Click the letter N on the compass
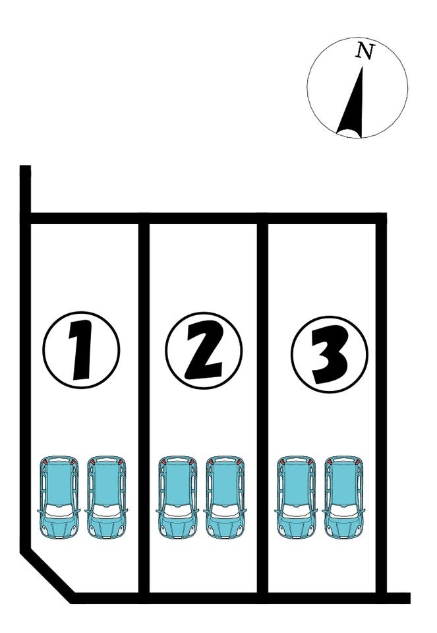[365, 51]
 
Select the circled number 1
[82, 349]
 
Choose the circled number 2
[204, 350]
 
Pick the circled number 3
[330, 355]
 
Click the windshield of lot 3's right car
[344, 510]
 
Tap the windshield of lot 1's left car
[59, 510]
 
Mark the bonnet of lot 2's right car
[225, 527]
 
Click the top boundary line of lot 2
[204, 218]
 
